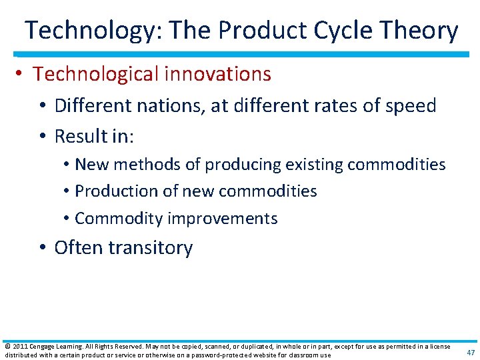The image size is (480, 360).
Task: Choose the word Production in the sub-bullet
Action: click(115, 191)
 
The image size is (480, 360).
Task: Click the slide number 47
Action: click(471, 352)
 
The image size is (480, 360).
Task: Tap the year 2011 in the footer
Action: click(19, 347)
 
